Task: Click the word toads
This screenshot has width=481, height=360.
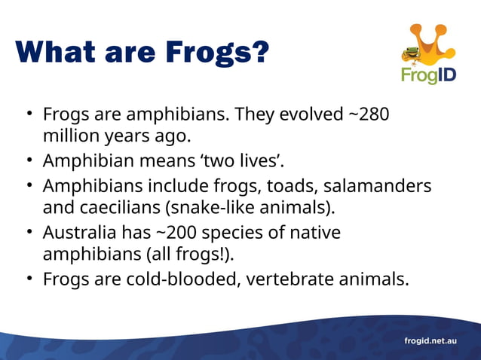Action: pyautogui.click(x=270, y=185)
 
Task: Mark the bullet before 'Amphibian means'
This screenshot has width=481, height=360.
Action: pyautogui.click(x=28, y=161)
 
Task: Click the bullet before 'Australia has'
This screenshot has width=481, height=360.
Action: pyautogui.click(x=28, y=232)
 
